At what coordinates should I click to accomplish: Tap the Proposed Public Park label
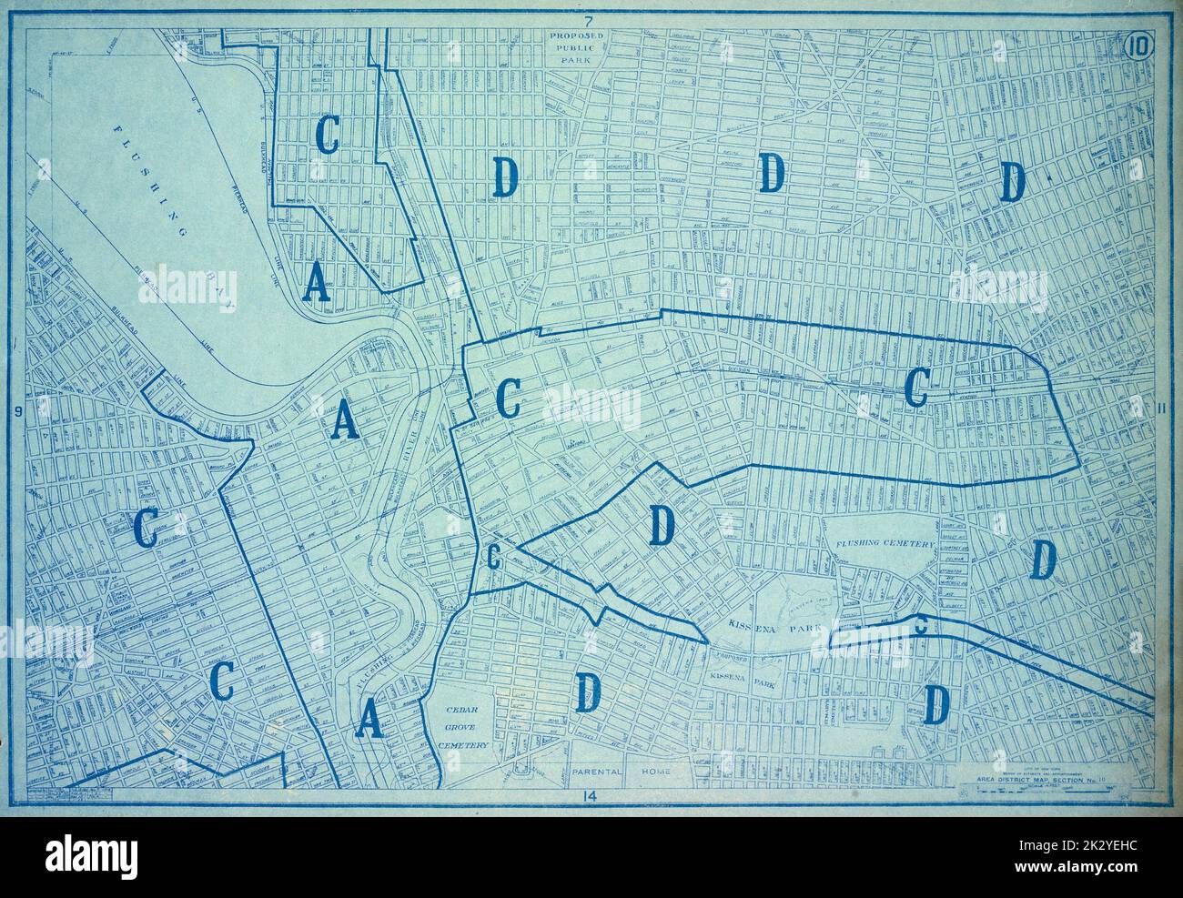tap(588, 45)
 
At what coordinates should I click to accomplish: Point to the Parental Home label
tap(622, 772)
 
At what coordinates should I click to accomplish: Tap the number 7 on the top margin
tap(589, 20)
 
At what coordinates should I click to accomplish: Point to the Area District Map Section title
tap(1029, 782)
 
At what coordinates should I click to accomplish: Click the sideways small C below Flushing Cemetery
tap(921, 624)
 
